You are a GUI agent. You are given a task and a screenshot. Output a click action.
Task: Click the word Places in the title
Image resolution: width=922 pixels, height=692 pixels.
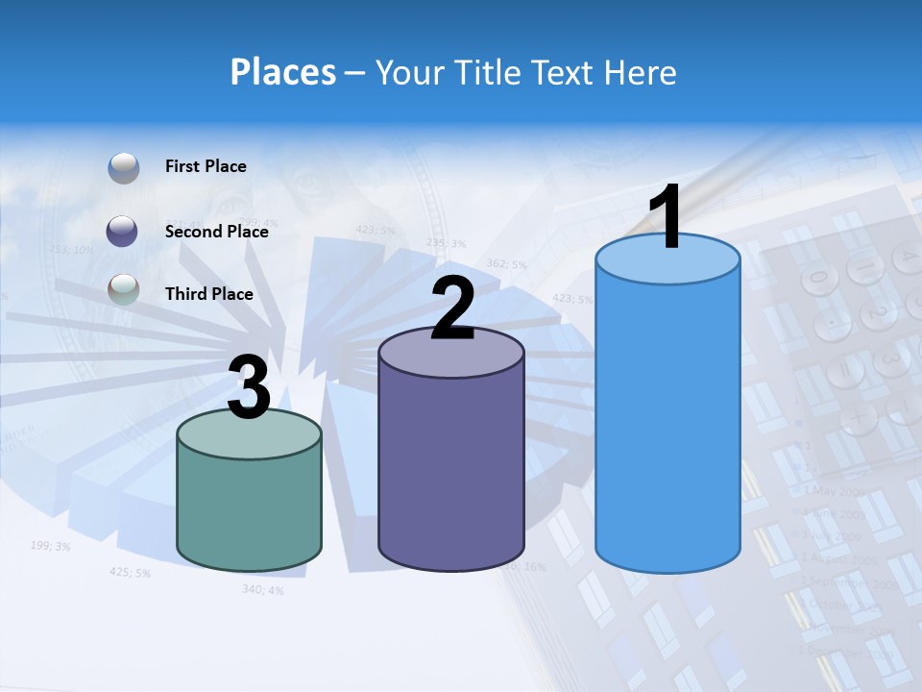pos(283,72)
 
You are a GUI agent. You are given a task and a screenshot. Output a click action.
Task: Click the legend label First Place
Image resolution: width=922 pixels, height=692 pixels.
pos(206,166)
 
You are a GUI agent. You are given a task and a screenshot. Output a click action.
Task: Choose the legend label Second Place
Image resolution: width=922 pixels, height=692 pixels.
pos(216,231)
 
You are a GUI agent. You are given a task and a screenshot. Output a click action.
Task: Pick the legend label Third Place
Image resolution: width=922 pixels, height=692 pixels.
pos(208,294)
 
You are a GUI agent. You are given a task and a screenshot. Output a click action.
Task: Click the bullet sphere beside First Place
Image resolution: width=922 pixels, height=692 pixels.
pos(124,167)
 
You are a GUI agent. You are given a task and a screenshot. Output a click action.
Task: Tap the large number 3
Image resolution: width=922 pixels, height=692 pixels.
pos(250,388)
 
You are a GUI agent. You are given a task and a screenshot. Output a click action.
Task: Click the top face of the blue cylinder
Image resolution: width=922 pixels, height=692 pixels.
pos(667,259)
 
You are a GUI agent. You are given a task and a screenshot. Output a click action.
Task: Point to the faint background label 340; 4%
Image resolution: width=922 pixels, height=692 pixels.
pos(262,588)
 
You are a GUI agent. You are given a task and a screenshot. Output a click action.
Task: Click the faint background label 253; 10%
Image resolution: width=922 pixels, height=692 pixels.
pos(70,249)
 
